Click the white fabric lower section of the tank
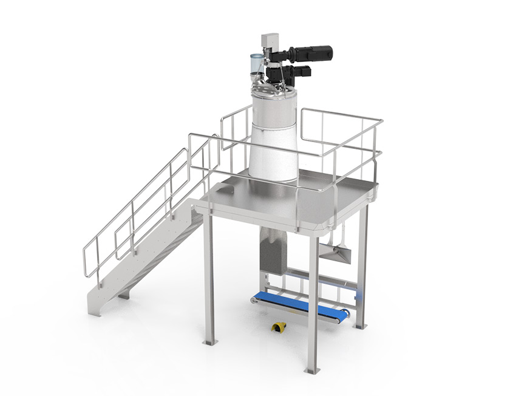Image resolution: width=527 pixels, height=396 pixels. [x=273, y=148]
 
